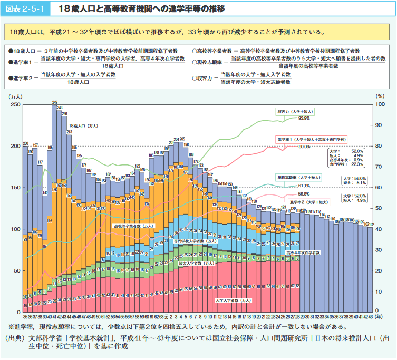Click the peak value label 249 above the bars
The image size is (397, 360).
click(55, 102)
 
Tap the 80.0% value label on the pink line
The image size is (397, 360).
click(304, 147)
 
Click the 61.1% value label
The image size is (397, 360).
click(304, 186)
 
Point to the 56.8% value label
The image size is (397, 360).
click(304, 194)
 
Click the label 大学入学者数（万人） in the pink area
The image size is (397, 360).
click(234, 300)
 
